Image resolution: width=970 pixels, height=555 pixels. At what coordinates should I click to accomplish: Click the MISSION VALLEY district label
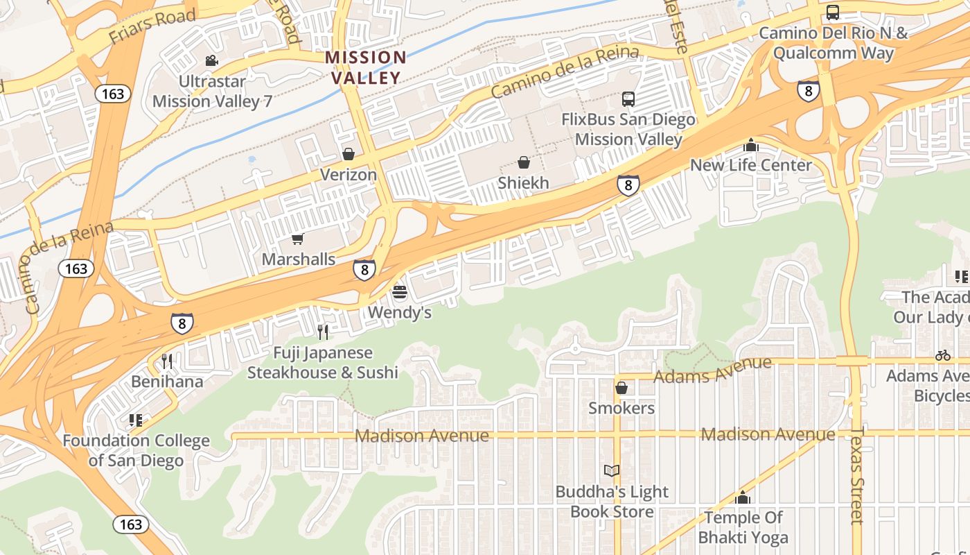[366, 67]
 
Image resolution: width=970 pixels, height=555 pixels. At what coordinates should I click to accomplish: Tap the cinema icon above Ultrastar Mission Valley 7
[212, 61]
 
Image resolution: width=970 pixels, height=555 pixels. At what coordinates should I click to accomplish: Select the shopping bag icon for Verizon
[349, 153]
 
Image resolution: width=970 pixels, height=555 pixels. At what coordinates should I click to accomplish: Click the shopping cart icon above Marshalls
[298, 239]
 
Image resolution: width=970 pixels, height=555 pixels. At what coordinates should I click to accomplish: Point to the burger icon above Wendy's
[399, 292]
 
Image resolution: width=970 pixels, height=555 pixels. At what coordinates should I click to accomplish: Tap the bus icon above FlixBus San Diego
[628, 99]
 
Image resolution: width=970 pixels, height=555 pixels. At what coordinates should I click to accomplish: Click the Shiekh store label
[523, 183]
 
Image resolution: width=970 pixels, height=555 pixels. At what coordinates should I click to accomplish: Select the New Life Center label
[750, 165]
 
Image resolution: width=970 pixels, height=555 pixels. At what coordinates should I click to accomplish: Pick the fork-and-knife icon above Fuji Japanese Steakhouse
[323, 332]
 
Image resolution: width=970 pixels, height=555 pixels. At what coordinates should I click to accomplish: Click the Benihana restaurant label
[167, 382]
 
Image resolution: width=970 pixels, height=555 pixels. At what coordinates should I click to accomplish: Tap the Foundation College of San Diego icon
[136, 420]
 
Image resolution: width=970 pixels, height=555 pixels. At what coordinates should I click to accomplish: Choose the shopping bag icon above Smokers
[621, 388]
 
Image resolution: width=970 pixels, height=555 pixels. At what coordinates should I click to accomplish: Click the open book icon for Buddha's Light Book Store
[612, 471]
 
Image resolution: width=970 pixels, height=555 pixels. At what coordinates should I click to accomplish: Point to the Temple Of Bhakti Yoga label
[743, 527]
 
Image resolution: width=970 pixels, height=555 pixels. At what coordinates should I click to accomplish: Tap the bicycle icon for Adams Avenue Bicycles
[942, 356]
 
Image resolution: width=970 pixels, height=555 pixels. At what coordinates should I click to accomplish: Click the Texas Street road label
[858, 476]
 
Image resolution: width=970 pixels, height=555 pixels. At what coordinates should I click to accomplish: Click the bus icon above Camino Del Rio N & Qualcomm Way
[833, 12]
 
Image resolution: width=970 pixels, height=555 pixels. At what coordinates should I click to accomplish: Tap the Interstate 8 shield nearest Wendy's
[364, 270]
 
